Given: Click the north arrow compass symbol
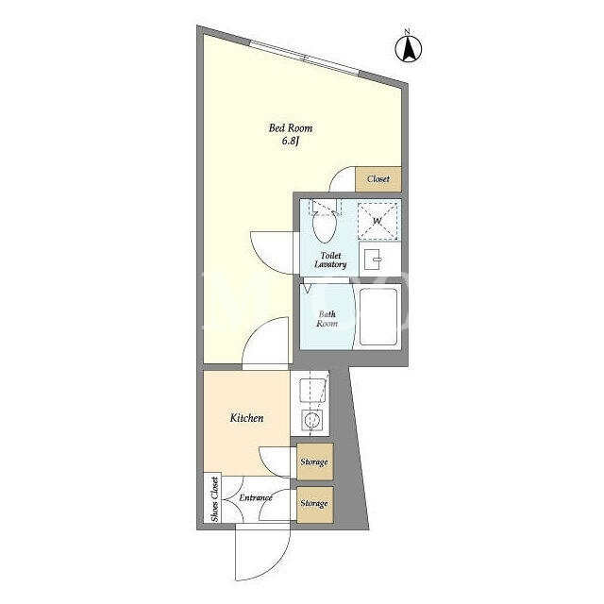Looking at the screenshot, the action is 409,47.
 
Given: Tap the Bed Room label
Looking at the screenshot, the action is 291,128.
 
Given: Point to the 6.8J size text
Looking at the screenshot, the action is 291,141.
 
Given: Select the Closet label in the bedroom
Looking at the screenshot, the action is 377,179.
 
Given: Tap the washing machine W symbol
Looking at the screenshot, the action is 377,221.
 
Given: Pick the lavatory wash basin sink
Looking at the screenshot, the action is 372,260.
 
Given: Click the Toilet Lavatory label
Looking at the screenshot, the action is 330,260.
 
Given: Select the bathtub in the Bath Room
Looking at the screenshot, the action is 377,317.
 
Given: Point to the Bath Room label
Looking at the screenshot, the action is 327,319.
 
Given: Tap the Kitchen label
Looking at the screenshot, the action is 246,418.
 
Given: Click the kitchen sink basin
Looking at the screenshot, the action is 312,391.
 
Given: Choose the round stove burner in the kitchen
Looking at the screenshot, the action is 312,419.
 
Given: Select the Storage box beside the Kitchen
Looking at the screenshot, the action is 314,461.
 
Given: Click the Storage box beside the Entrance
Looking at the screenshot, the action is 314,505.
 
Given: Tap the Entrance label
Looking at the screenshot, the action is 256,497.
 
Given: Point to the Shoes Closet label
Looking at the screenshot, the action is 214,499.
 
